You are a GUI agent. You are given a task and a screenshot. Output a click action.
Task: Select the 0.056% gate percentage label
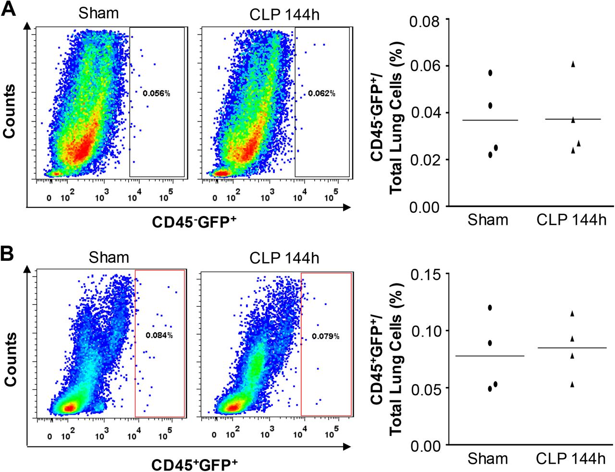(x=156, y=93)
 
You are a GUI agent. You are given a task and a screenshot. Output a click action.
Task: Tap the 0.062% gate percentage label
(x=321, y=93)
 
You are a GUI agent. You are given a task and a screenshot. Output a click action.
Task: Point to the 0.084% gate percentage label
(x=159, y=335)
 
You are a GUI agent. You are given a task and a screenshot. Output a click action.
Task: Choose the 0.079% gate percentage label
(x=325, y=336)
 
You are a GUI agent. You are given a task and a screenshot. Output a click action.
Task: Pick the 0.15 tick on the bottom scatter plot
(x=425, y=274)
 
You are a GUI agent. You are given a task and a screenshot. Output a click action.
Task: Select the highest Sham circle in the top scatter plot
(x=490, y=73)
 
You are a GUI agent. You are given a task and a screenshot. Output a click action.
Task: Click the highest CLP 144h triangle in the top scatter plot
(x=573, y=64)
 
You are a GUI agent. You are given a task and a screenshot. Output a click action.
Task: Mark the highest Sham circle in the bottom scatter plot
(x=490, y=307)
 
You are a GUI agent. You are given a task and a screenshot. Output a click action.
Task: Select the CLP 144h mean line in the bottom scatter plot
(x=572, y=348)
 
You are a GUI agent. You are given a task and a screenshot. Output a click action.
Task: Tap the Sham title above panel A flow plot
(x=98, y=13)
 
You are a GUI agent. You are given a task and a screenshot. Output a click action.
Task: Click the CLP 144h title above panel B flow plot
(x=284, y=258)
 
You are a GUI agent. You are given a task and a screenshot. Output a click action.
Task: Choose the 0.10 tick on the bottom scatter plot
(x=425, y=331)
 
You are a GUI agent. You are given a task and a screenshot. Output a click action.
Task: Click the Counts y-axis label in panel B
(x=10, y=359)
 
